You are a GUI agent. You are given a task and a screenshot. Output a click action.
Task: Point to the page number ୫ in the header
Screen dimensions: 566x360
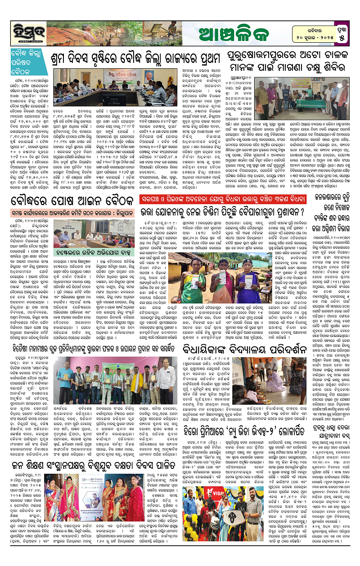[342, 38]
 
